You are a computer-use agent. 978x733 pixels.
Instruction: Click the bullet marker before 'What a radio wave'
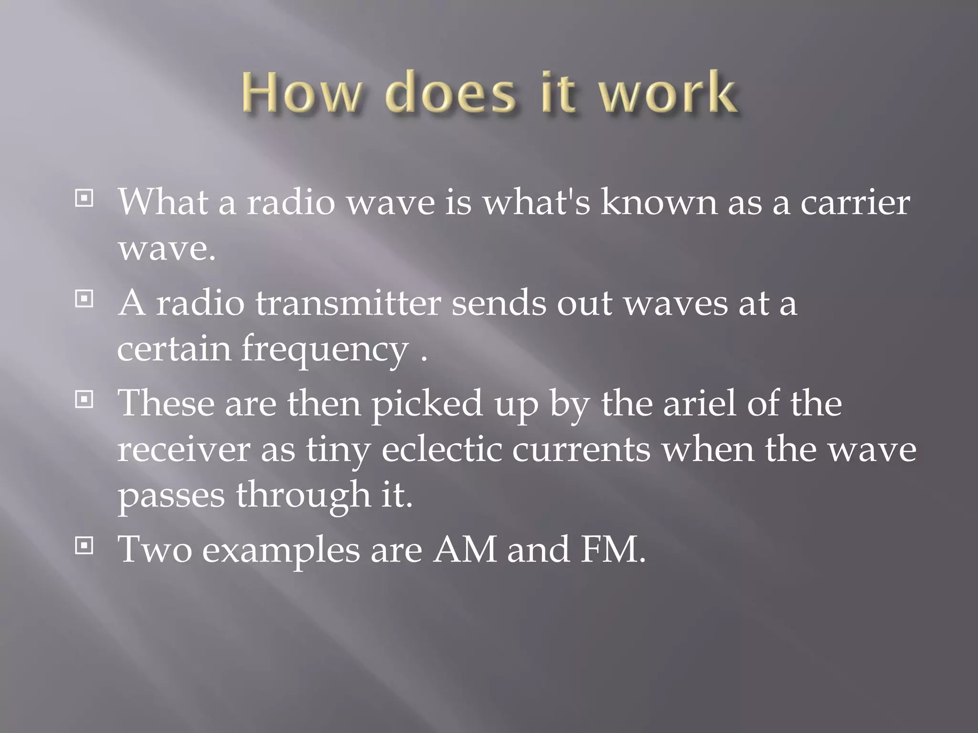(x=84, y=199)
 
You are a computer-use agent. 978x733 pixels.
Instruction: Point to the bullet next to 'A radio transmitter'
(x=84, y=299)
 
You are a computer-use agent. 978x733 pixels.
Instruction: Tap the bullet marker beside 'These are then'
(x=84, y=399)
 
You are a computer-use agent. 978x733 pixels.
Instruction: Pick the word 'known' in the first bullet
(x=659, y=203)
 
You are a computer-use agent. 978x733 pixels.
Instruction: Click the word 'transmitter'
(x=348, y=304)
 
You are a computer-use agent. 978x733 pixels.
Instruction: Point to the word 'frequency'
(x=325, y=349)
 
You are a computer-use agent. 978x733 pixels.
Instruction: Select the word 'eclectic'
(x=442, y=450)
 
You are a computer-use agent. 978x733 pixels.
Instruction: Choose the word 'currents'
(x=581, y=450)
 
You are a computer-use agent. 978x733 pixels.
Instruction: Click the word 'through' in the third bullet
(x=303, y=495)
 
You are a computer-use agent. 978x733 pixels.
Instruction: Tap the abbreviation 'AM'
(x=465, y=550)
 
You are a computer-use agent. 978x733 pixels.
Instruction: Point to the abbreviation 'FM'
(x=608, y=550)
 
